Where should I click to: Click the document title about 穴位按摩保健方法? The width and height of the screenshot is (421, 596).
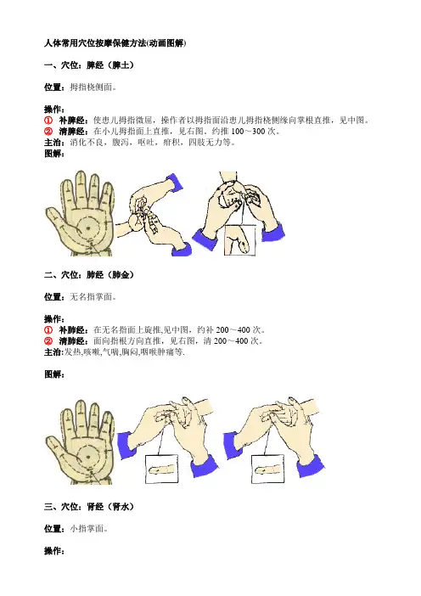coord(115,43)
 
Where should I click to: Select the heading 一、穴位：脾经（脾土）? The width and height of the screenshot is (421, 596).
coord(89,65)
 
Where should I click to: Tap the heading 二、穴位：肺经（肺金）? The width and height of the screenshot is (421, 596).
coord(89,275)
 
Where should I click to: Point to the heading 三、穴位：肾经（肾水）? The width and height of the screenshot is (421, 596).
coord(89,507)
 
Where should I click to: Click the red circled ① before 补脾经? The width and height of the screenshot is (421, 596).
coord(48,121)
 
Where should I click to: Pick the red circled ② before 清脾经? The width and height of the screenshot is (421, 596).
coord(48,132)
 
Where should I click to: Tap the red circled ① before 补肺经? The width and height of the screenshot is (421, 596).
coord(48,330)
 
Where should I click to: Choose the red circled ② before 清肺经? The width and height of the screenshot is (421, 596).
coord(48,341)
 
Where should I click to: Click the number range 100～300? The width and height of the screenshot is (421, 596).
coord(248,132)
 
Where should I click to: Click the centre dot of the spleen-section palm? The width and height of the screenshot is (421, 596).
coord(88,228)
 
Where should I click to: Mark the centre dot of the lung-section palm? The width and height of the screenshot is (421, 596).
coord(88,457)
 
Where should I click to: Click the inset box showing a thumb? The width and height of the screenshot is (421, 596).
coord(239,240)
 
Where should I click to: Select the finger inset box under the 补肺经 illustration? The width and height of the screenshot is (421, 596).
coord(162,469)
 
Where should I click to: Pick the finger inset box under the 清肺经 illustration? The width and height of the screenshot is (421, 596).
coord(267,469)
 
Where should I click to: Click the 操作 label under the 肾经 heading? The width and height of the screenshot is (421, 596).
coord(54,551)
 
